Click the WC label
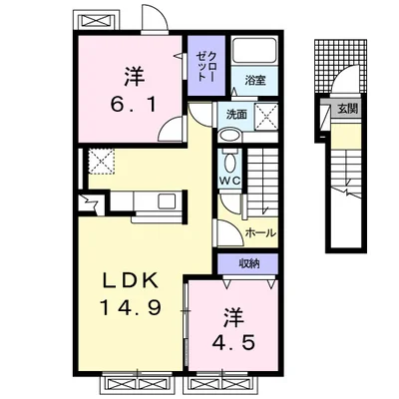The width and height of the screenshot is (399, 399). click(x=229, y=182)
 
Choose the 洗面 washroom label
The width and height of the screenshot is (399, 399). click(x=235, y=114)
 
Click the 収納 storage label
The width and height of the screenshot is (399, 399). click(x=248, y=263)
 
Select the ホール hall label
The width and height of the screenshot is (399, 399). click(x=260, y=232)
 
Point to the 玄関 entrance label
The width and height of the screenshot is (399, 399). click(x=346, y=109)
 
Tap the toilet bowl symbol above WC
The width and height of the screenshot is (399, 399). click(x=229, y=163)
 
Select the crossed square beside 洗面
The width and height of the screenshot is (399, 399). click(x=266, y=117)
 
